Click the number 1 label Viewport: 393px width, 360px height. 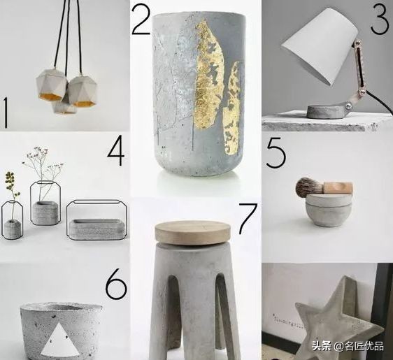click(6, 113)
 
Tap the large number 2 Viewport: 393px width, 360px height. click(141, 20)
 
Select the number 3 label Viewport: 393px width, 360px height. click(380, 19)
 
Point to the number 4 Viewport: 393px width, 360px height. click(116, 150)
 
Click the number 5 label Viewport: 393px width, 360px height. click(276, 153)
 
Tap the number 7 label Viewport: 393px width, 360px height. click(248, 219)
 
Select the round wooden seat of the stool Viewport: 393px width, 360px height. click(193, 233)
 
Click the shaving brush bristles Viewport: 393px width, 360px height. click(308, 186)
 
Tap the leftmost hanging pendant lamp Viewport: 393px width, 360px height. click(52, 85)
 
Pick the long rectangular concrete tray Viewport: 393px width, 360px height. click(97, 229)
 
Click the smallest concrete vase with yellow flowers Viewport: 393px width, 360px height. click(12, 228)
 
